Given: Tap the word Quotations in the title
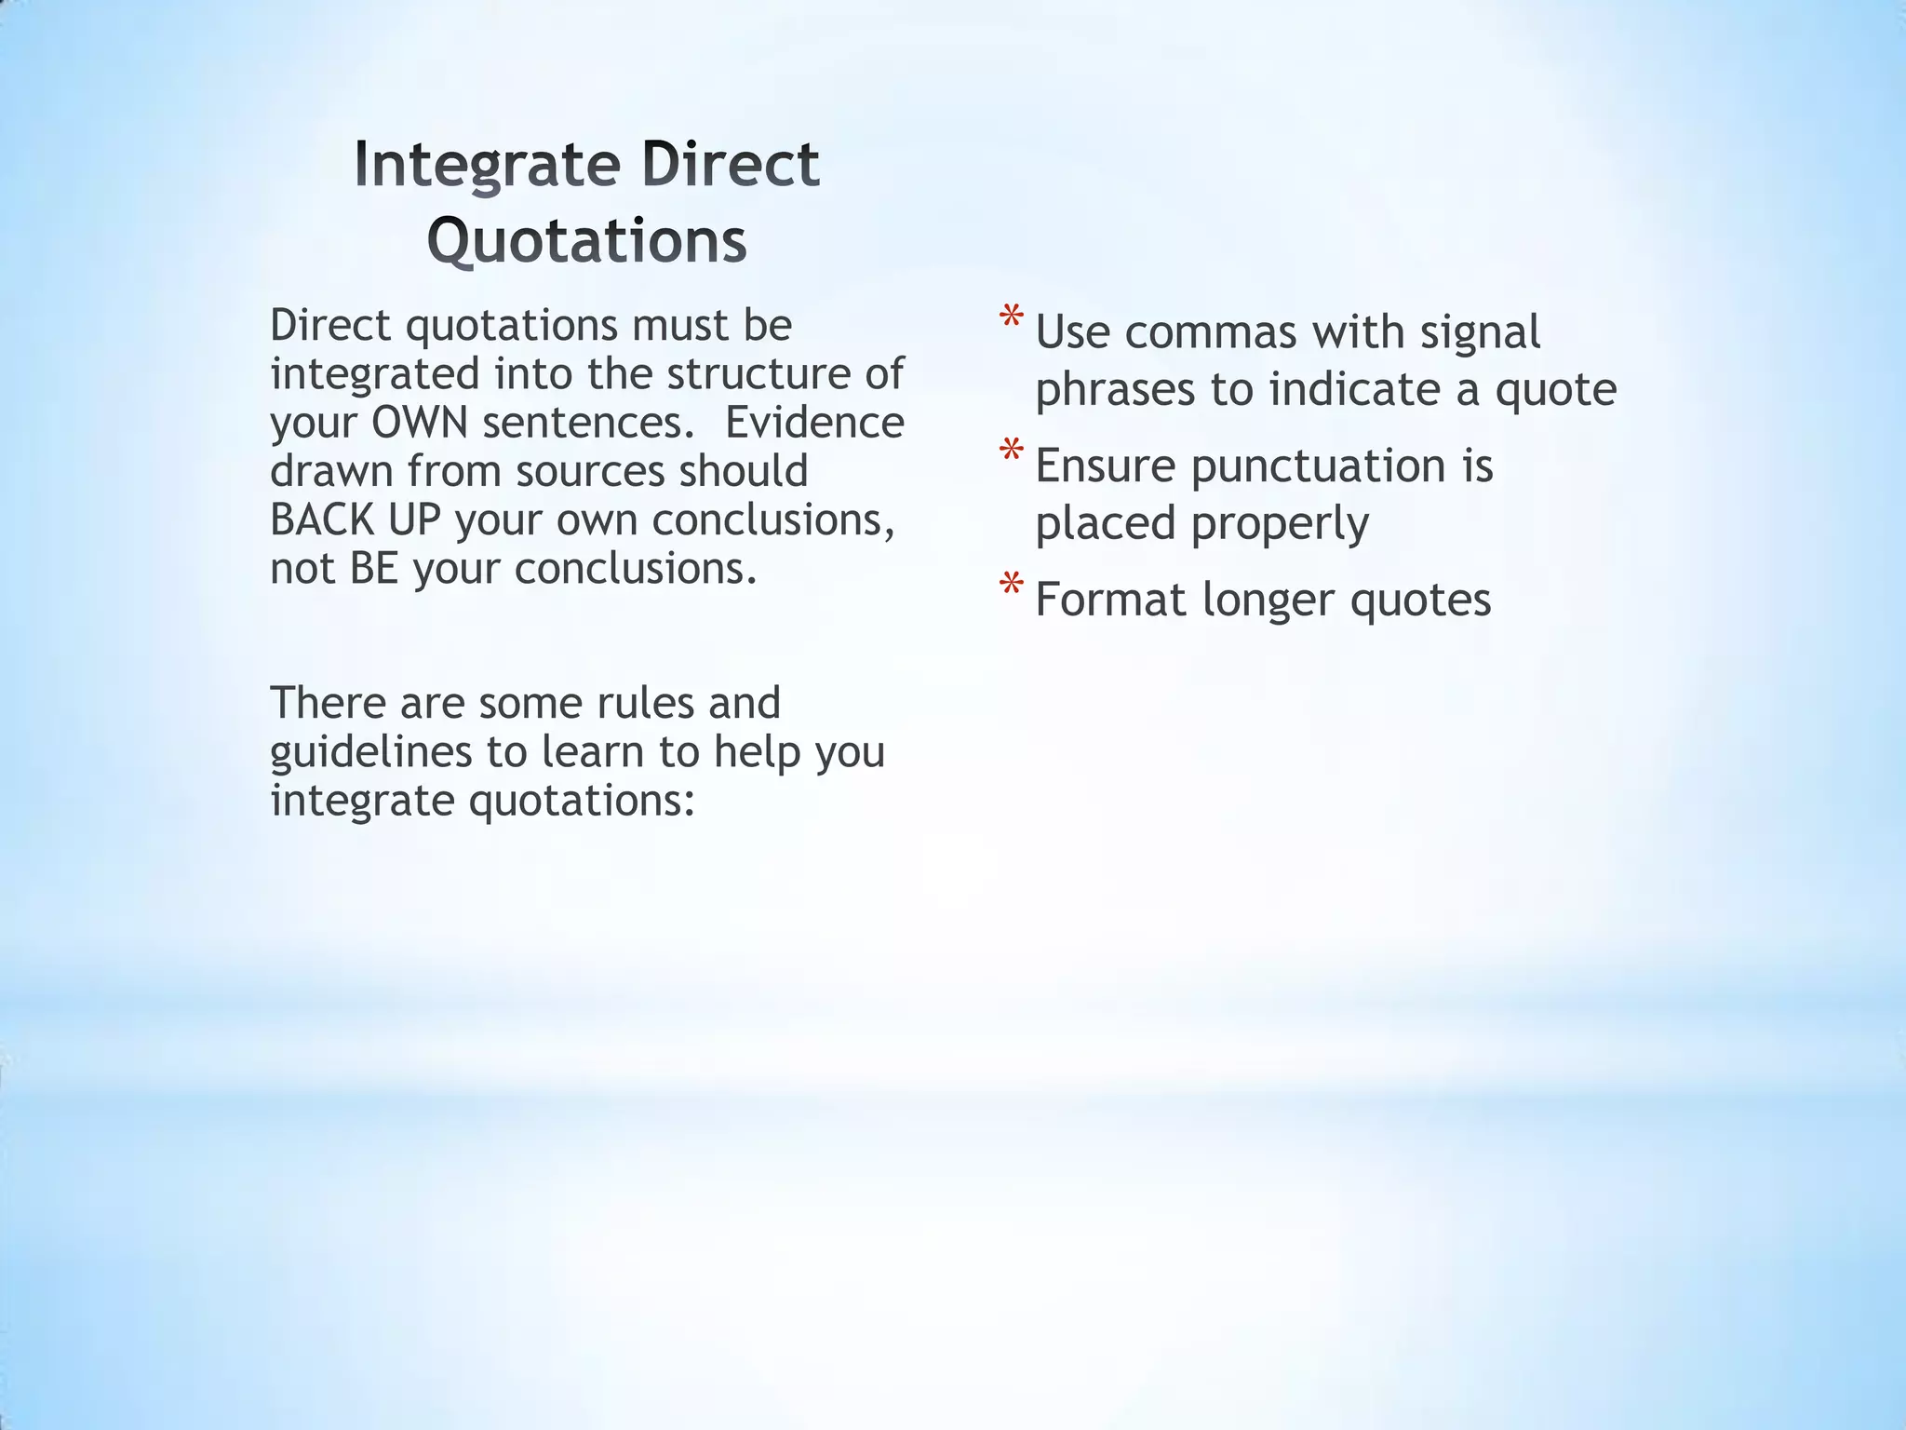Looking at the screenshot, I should click(x=587, y=240).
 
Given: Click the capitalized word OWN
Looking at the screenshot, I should click(x=419, y=423).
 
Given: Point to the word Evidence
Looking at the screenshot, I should click(x=814, y=423).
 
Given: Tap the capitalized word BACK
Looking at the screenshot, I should click(x=322, y=519).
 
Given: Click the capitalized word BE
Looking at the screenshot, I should click(x=374, y=568).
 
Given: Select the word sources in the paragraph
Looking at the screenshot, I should click(x=590, y=471).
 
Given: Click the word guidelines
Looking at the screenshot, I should click(x=370, y=752).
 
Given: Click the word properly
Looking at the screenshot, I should click(x=1280, y=524).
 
